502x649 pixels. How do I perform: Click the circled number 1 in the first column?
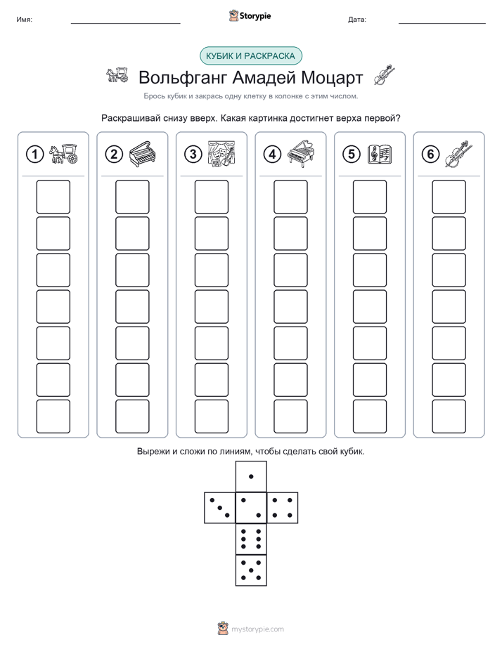34,155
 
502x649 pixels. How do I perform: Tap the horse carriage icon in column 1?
63,154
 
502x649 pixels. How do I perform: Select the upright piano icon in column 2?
143,155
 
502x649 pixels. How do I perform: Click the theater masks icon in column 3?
221,154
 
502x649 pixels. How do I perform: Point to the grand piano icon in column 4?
301,154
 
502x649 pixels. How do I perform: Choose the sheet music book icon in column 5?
380,154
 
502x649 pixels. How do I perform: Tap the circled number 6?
430,155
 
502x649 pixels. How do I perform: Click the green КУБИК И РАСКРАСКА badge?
250,56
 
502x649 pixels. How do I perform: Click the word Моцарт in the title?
332,77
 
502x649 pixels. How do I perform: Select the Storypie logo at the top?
250,16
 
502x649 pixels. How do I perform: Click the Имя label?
24,20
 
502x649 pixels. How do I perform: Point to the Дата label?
357,20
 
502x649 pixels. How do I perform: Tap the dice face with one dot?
251,476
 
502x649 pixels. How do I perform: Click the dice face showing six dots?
251,539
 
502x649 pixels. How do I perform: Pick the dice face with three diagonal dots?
220,507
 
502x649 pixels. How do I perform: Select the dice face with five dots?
251,570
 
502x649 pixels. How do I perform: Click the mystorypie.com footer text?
257,629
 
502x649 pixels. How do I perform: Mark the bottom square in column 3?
211,416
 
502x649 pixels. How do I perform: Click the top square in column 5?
369,197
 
